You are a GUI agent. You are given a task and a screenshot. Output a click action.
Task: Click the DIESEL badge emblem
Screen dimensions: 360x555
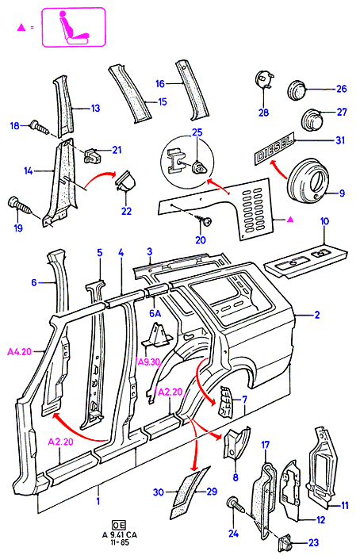pos(274,148)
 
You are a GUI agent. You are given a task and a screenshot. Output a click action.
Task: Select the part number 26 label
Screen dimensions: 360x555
pos(341,89)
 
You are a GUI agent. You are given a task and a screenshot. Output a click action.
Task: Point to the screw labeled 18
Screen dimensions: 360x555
pos(39,126)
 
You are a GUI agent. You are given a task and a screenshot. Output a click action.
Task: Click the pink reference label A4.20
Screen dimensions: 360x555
pos(19,351)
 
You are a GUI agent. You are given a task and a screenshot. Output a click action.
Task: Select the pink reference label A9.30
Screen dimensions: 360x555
pos(148,362)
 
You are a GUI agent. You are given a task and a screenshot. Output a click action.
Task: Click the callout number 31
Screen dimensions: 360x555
pos(340,140)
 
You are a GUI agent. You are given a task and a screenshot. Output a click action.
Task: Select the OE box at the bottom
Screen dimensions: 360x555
pos(119,525)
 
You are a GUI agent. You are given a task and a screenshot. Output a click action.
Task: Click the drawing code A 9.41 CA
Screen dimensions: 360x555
pos(119,535)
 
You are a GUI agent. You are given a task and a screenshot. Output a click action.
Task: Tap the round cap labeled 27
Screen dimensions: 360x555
pos(312,119)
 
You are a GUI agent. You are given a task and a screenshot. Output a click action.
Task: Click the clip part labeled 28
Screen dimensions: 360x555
pos(265,81)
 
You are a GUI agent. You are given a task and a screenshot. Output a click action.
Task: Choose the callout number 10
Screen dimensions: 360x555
pos(324,221)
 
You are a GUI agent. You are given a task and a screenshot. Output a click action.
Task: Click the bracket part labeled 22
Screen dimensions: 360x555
pos(124,181)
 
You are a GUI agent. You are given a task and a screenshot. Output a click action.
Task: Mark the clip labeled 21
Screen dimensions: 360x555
pos(91,155)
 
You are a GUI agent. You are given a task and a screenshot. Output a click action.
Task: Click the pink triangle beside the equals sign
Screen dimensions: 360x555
pos(21,27)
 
